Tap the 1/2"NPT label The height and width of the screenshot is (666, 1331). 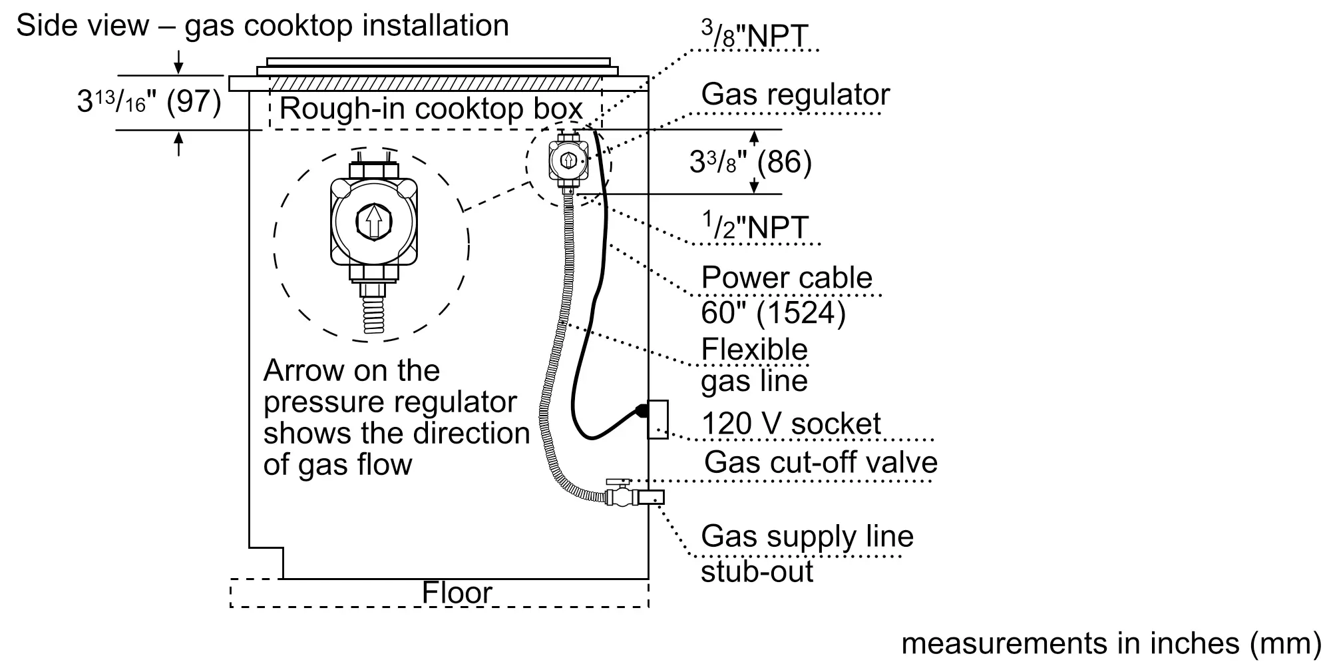point(756,227)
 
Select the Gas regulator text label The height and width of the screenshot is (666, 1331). point(795,95)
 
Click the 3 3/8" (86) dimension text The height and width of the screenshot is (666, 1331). point(750,162)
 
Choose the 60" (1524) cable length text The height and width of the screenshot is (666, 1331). point(773,312)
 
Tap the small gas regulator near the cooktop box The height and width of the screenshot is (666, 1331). point(568,161)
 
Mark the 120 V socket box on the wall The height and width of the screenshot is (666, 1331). point(658,419)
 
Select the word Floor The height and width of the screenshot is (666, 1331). point(457,593)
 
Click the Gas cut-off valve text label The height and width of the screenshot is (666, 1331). point(821,462)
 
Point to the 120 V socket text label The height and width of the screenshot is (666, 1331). point(791,424)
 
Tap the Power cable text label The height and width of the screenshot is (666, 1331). point(787,278)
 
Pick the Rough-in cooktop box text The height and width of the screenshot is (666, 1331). point(431,109)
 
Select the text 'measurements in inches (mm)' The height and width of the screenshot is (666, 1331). point(1111,643)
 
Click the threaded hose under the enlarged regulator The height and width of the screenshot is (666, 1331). point(374,314)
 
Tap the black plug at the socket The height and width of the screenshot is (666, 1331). point(642,411)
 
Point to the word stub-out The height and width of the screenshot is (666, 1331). point(757,571)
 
